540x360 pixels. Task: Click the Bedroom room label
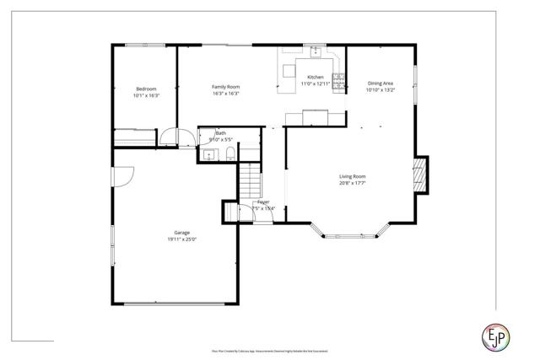pyautogui.click(x=146, y=89)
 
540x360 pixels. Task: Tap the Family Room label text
pyautogui.click(x=225, y=87)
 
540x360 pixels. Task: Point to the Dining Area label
pyautogui.click(x=380, y=83)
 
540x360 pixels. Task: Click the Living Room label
pyautogui.click(x=352, y=176)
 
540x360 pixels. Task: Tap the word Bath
pyautogui.click(x=220, y=133)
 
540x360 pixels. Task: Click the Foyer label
pyautogui.click(x=263, y=202)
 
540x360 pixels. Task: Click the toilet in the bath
pyautogui.click(x=229, y=153)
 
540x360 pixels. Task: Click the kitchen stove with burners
pyautogui.click(x=338, y=83)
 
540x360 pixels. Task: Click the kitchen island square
pyautogui.click(x=290, y=69)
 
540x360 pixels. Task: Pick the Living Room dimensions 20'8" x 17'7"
pyautogui.click(x=352, y=183)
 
